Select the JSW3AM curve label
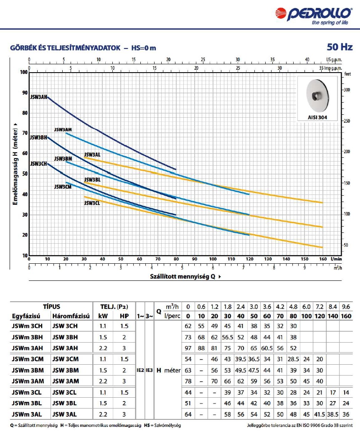(63, 130)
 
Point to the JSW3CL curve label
(92, 203)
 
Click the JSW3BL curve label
(92, 179)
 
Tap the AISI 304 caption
(317, 118)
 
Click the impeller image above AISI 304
(317, 96)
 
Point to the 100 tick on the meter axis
(23, 72)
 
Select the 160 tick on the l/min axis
(322, 259)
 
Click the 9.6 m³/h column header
(345, 307)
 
